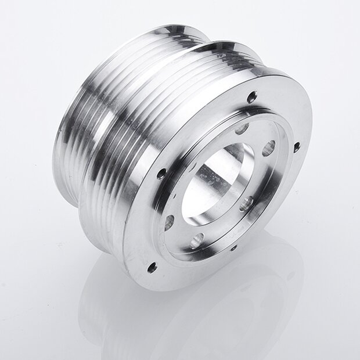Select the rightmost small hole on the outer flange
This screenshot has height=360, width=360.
coord(296,146)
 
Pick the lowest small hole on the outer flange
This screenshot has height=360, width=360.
coord(153,268)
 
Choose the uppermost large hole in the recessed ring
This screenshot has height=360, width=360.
coord(242,128)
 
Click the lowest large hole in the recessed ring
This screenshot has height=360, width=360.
coord(198,237)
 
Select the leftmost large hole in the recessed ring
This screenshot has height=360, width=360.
coord(170,221)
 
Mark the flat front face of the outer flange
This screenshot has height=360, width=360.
coord(145,232)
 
